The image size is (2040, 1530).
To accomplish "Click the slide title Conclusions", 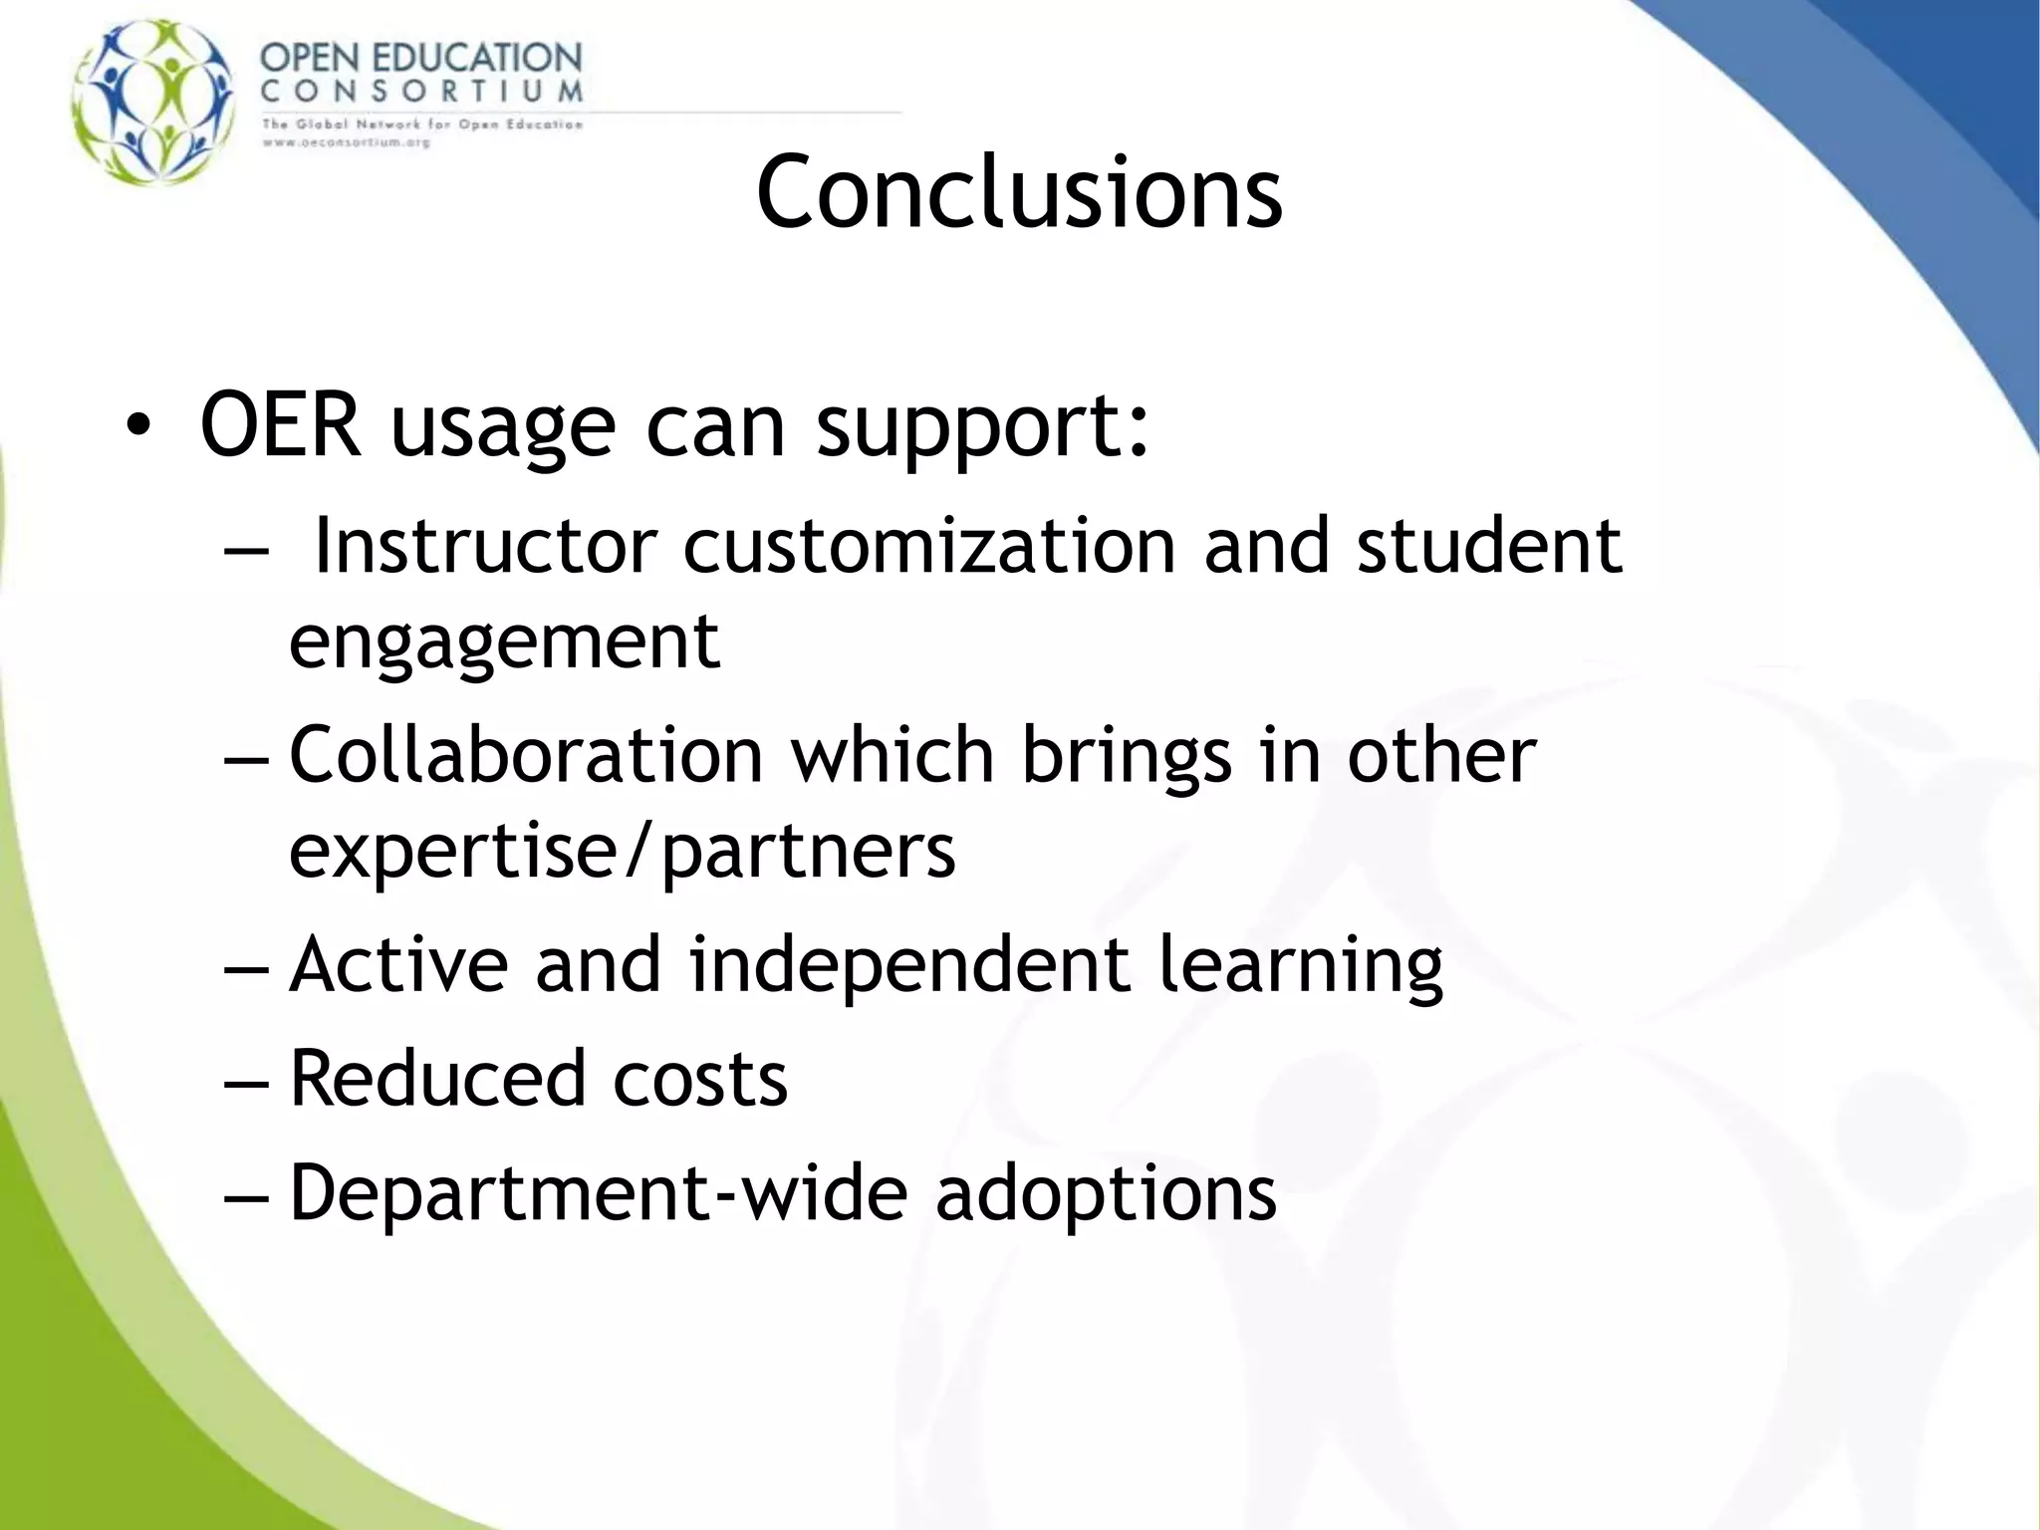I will coord(1019,191).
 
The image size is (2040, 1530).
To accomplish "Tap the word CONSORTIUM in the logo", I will coord(421,92).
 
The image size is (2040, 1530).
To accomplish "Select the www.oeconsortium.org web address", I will coord(346,142).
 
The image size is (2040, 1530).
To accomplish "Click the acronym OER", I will coord(280,425).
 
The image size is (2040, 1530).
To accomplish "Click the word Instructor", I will coord(485,546).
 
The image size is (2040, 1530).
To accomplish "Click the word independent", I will coord(909,964).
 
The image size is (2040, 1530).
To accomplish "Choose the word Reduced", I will coord(437,1078).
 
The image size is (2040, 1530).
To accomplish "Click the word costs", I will coord(699,1080).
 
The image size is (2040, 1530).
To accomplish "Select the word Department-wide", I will coord(598,1192).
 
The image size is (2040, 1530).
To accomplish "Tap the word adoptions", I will coord(1106,1194).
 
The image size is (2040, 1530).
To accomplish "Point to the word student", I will coord(1489,546).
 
